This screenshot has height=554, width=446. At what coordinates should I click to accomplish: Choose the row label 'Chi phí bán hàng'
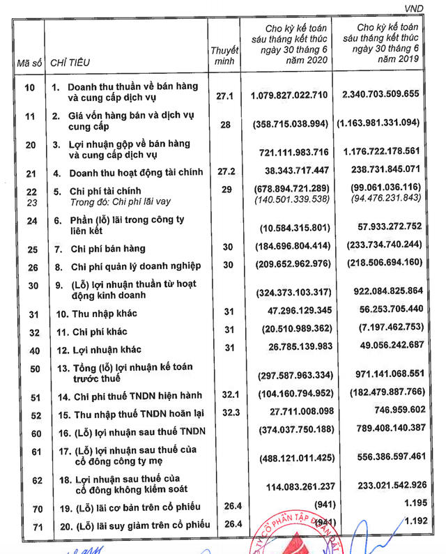point(113,249)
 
